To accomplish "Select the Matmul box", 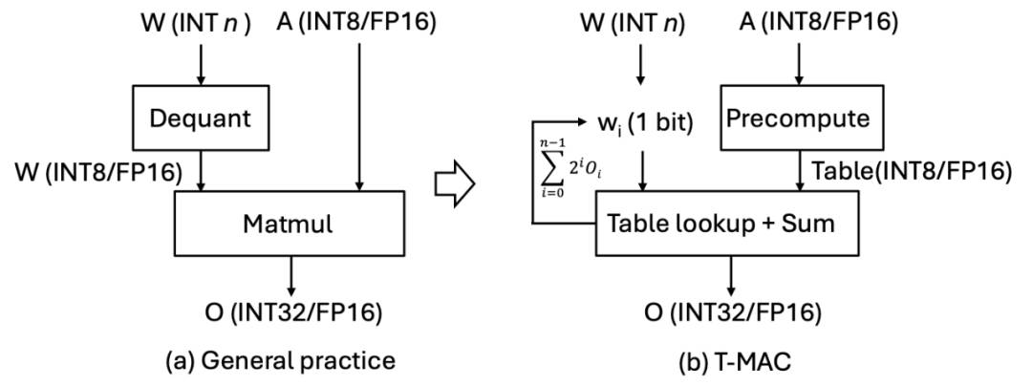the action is coord(289,224).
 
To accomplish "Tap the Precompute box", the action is coord(798,118).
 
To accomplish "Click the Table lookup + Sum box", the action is coord(728,224).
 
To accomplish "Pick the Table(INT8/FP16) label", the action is coord(910,172).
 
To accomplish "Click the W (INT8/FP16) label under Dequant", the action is coord(98,172).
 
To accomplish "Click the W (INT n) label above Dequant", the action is coord(196,24).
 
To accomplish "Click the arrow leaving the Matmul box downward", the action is coord(289,275).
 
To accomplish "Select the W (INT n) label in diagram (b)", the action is coord(633,24).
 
